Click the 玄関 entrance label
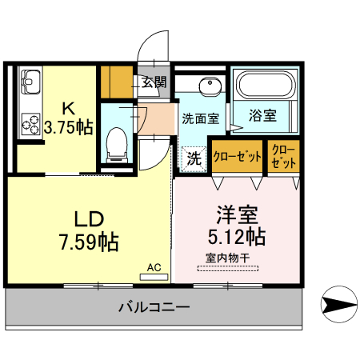pyautogui.click(x=154, y=82)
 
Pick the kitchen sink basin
pyautogui.click(x=31, y=83)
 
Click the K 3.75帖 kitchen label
pyautogui.click(x=68, y=118)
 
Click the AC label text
pyautogui.click(x=154, y=267)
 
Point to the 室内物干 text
pyautogui.click(x=228, y=257)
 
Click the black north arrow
pyautogui.click(x=339, y=305)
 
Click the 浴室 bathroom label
pyautogui.click(x=263, y=115)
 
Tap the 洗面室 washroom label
pyautogui.click(x=200, y=120)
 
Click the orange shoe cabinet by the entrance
pyautogui.click(x=117, y=81)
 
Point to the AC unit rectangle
pyautogui.click(x=154, y=277)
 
